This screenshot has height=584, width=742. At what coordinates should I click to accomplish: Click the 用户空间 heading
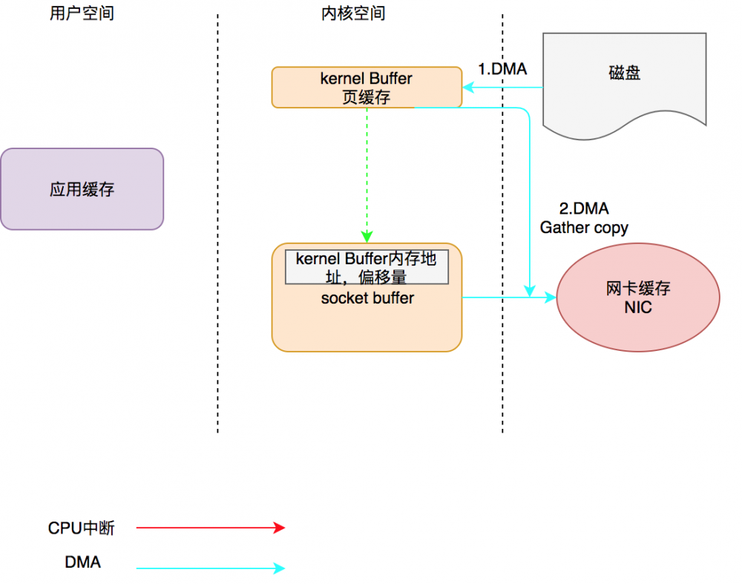[82, 13]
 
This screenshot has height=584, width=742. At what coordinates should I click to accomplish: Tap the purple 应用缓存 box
[82, 189]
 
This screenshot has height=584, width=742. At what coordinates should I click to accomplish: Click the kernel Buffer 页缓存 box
[367, 88]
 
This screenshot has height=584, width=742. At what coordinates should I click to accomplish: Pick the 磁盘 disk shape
[624, 74]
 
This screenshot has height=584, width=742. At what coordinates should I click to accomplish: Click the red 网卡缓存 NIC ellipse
[638, 298]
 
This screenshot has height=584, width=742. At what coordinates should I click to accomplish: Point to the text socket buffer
[367, 298]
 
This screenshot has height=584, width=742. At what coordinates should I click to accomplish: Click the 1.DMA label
[502, 69]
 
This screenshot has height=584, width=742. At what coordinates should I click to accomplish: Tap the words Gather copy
[584, 227]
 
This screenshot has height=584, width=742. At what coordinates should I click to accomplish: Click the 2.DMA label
[584, 209]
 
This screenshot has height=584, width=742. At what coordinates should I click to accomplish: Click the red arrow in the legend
[211, 528]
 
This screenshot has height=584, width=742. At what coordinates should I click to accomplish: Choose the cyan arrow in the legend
[211, 568]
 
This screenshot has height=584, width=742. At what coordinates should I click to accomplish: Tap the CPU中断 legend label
[82, 528]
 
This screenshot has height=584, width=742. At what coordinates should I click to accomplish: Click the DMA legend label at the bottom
[83, 562]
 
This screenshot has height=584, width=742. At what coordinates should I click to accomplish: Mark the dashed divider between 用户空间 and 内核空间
[218, 223]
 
